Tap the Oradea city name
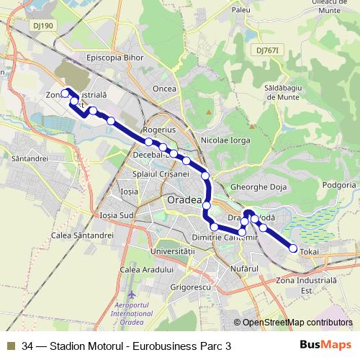point(184,199)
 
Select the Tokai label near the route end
point(309,251)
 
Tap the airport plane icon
point(130,296)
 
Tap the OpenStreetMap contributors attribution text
point(297,323)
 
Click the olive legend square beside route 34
point(11,346)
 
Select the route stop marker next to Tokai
point(293,248)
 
